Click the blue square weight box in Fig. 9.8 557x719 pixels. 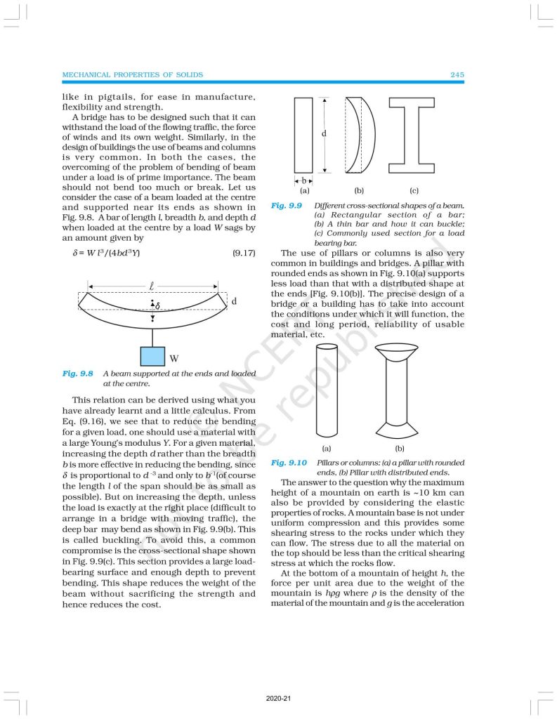pos(152,356)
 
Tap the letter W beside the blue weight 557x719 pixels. pos(173,359)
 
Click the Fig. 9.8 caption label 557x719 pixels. pos(77,374)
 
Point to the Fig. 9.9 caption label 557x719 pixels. pos(287,205)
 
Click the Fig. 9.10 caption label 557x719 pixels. pos(289,463)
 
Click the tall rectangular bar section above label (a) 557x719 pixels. pos(303,135)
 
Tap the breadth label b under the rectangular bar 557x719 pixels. pos(303,180)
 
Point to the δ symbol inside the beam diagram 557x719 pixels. pos(157,306)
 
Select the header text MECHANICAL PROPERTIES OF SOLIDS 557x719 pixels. pos(133,74)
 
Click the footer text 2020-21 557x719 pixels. pos(278,699)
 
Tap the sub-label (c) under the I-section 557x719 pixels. pos(414,190)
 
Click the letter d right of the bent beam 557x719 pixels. pos(233,301)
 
